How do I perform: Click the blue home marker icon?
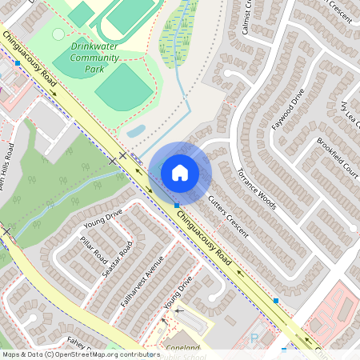point(179,171)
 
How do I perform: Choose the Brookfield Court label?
point(337,155)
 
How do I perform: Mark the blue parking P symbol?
point(254,339)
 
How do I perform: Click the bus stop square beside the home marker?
point(177,206)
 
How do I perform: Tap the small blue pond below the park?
point(136,130)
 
